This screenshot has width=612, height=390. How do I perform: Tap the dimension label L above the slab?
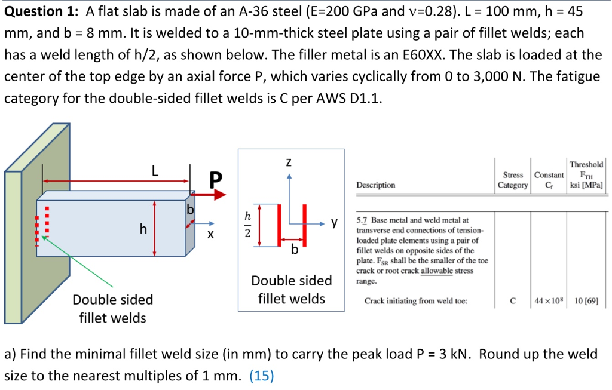(x=155, y=172)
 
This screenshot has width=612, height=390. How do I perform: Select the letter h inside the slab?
(x=143, y=228)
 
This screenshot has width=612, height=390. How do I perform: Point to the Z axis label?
(x=289, y=162)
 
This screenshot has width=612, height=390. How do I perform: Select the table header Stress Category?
(x=513, y=180)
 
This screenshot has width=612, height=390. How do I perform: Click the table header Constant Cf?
(x=549, y=180)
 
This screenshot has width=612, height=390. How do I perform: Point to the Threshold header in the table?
(x=586, y=164)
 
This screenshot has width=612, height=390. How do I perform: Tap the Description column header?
(x=375, y=185)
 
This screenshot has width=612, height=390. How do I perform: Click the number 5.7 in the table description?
(x=362, y=220)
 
